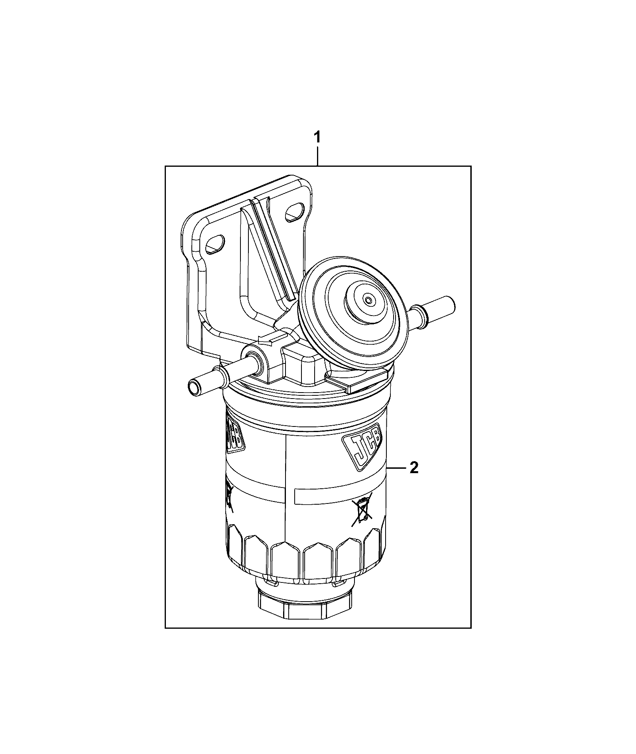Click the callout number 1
coord(317,138)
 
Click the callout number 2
coord(414,467)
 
